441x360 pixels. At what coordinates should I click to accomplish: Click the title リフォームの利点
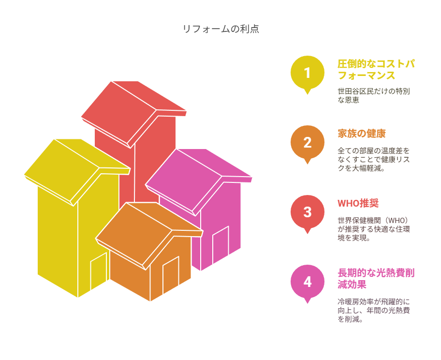tap(221, 29)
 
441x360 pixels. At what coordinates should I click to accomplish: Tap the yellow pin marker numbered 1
tap(308, 73)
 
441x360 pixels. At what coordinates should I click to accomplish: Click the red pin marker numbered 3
tap(308, 212)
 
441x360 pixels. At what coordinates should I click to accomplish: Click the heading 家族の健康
tap(361, 134)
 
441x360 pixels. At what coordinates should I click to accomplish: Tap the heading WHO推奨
tap(358, 203)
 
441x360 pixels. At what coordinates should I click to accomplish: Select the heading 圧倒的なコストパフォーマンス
tap(376, 70)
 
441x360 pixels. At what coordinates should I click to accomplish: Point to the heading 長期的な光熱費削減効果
tap(376, 279)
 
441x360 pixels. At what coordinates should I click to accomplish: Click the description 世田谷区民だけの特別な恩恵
tap(374, 95)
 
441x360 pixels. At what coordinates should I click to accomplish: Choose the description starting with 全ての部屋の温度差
tap(374, 159)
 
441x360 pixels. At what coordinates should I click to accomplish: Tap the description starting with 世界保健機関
tap(374, 229)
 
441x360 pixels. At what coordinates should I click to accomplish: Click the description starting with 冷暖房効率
tap(374, 311)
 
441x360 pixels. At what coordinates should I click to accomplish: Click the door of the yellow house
tap(99, 271)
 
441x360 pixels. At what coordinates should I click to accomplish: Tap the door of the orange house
tap(171, 275)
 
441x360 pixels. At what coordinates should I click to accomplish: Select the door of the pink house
tap(220, 245)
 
